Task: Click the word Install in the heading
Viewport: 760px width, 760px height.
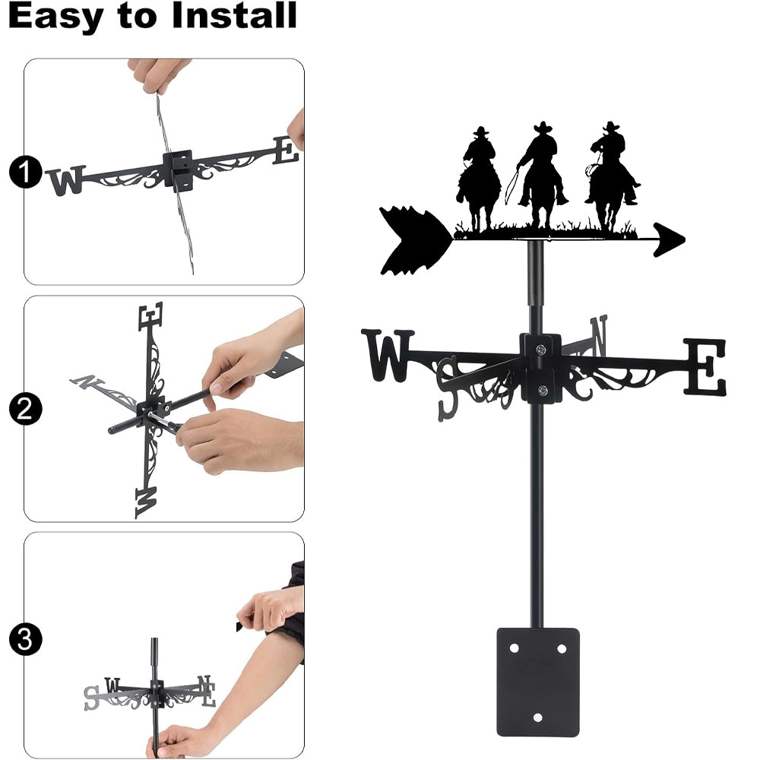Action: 234,15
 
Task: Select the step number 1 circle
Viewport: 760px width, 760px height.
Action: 25,172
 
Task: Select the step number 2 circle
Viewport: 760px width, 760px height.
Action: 25,409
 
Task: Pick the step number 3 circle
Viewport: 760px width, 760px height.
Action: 25,639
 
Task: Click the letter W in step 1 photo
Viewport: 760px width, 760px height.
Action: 65,180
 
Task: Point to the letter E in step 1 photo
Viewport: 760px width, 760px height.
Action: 285,150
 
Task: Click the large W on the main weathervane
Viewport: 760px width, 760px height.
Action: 388,355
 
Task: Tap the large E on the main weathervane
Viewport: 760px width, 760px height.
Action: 705,366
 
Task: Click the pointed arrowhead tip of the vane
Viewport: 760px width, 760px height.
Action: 685,239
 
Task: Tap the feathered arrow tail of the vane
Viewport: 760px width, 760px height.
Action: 416,240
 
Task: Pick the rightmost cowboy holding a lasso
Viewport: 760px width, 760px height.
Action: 612,176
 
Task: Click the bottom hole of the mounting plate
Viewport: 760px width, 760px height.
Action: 537,717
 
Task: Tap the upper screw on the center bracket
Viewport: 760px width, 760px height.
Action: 540,350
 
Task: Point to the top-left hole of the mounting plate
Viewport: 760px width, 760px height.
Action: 515,648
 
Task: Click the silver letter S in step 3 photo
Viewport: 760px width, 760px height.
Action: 91,698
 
